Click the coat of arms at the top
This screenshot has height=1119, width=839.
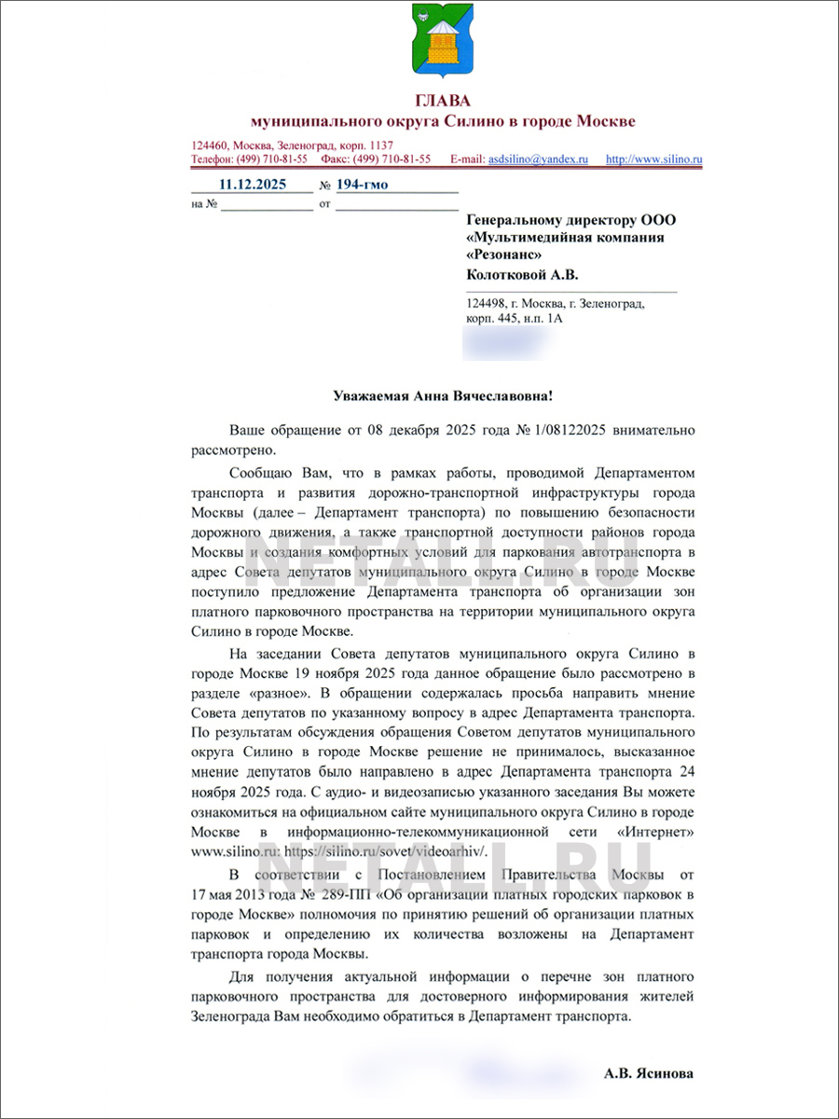point(444,42)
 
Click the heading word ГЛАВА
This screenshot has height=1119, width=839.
point(444,101)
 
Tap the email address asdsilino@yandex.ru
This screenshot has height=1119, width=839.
point(539,159)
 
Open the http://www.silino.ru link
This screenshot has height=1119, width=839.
point(653,159)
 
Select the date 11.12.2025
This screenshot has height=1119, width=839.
point(252,184)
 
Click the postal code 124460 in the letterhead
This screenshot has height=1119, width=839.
point(210,145)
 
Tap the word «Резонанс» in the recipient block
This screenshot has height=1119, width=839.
point(503,254)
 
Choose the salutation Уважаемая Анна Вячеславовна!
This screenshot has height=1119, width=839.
point(443,396)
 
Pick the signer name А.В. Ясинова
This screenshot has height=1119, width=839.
point(649,1073)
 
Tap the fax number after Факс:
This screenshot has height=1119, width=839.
point(400,159)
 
